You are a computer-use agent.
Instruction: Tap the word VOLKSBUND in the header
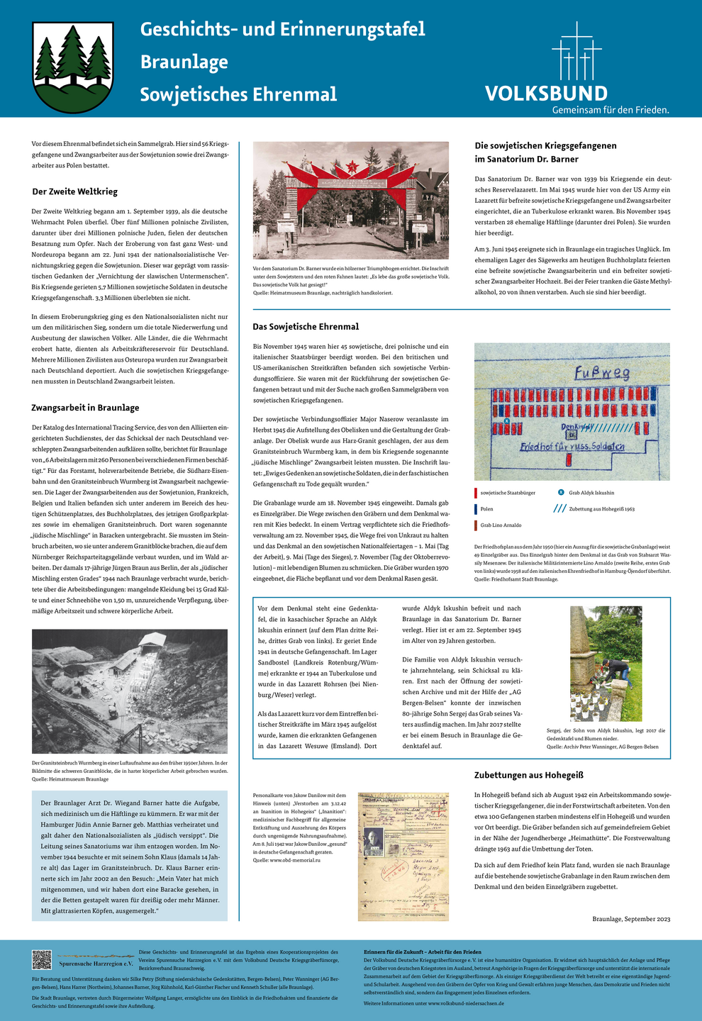[x=546, y=94]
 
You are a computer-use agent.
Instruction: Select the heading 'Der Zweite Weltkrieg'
[x=75, y=191]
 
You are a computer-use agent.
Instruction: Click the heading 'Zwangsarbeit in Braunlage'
[x=85, y=408]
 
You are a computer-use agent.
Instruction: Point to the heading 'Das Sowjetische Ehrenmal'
[x=306, y=327]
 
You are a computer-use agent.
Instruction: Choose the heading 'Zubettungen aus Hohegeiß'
[x=529, y=775]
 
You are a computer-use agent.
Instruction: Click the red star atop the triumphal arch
[x=350, y=167]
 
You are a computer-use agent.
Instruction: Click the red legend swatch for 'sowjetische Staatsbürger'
[x=476, y=492]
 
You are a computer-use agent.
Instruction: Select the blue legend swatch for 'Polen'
[x=476, y=509]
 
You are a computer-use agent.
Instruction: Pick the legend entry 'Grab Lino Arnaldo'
[x=501, y=525]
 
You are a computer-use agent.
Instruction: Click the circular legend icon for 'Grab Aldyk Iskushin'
[x=561, y=492]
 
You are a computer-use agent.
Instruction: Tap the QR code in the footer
[x=42, y=959]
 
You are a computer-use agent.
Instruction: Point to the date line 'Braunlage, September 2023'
[x=631, y=919]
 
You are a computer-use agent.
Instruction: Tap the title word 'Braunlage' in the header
[x=184, y=62]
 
